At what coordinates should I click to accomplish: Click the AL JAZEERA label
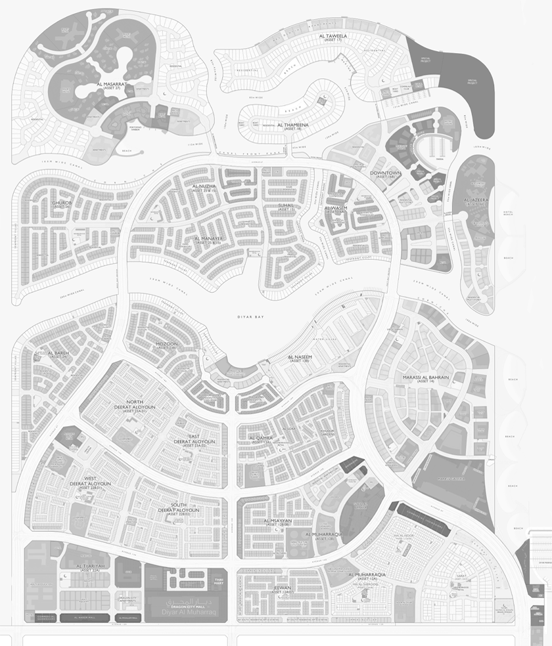tap(478, 200)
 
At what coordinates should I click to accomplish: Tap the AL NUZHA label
tap(204, 187)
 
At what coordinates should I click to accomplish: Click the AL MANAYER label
tap(210, 239)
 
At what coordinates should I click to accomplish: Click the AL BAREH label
tap(58, 353)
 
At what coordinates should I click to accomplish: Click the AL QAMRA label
tap(260, 437)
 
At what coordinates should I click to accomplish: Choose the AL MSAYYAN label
tap(277, 520)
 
